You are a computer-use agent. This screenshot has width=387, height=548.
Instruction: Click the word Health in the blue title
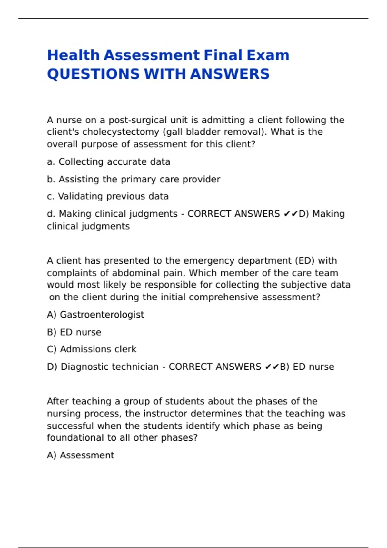(x=73, y=55)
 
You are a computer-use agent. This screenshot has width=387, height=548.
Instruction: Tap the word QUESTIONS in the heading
(x=93, y=74)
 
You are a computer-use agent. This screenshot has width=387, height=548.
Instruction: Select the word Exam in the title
(x=268, y=55)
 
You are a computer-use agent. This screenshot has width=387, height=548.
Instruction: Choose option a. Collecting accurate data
(x=108, y=162)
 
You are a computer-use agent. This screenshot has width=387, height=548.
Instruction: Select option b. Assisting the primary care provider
(x=134, y=179)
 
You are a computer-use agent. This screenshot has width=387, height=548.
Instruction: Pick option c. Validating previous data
(x=108, y=196)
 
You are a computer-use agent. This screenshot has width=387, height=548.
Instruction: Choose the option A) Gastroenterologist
(x=95, y=315)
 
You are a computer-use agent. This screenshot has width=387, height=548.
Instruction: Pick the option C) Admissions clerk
(x=92, y=349)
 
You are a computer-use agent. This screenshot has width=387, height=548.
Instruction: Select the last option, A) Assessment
(x=80, y=455)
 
